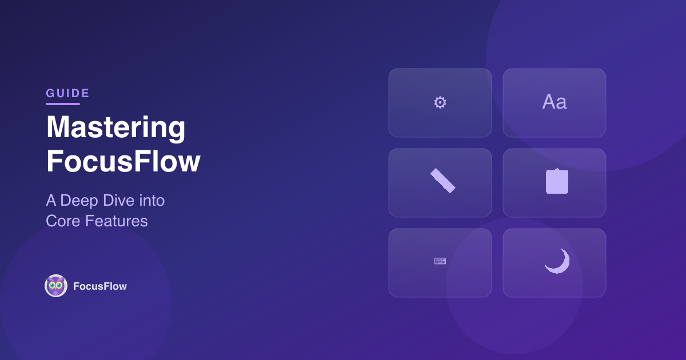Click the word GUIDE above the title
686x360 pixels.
67,93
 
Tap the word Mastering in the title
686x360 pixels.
115,128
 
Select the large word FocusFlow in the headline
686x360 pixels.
123,162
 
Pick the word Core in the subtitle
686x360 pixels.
63,221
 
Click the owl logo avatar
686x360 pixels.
56,286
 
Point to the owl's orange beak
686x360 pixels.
56,289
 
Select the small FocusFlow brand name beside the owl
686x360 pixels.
100,286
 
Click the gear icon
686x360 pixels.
440,103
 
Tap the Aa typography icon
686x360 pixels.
554,102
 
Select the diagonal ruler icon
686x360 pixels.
442,181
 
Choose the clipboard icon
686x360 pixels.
557,182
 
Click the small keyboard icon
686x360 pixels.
440,261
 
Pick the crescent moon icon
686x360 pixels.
557,261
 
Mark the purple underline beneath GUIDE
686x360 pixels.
63,104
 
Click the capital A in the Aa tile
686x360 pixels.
549,102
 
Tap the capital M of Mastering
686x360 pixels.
58,128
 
